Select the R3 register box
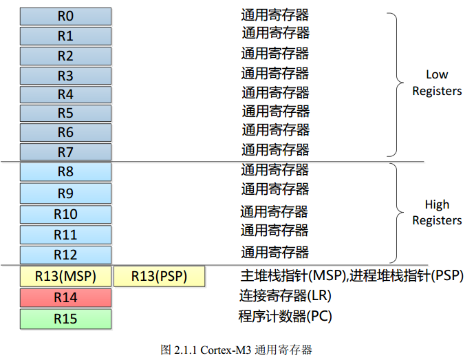pyautogui.click(x=65, y=75)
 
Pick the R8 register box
pyautogui.click(x=65, y=172)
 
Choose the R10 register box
pyautogui.click(x=65, y=214)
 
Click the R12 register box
pyautogui.click(x=65, y=255)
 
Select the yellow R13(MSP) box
pyautogui.click(x=65, y=277)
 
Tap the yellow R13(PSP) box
pyautogui.click(x=160, y=277)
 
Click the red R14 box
pyautogui.click(x=65, y=298)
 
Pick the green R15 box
pyautogui.click(x=65, y=319)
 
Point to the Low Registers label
pyautogui.click(x=437, y=83)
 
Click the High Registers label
pyautogui.click(x=437, y=213)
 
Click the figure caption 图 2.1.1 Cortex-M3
pyautogui.click(x=236, y=350)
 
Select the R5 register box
pyautogui.click(x=65, y=113)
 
